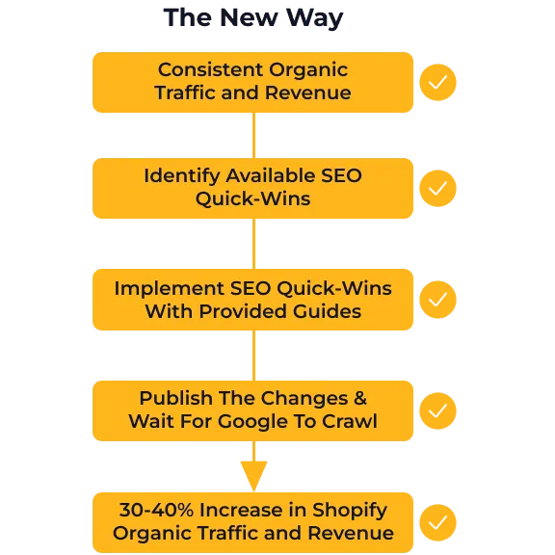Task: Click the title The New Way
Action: [253, 18]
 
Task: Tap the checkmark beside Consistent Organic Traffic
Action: [437, 83]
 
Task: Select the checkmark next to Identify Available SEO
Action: [437, 188]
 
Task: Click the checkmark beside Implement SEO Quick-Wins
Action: [437, 300]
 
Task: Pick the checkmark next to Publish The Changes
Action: [437, 410]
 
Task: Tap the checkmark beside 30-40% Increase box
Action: [437, 523]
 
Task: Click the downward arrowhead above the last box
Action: [253, 475]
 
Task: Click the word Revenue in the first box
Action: [308, 92]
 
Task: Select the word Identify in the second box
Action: [182, 176]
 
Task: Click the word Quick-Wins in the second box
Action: [253, 198]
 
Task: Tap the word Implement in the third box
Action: [170, 289]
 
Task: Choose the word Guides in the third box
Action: [327, 311]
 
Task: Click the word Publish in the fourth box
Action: [176, 398]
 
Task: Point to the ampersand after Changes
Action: [360, 398]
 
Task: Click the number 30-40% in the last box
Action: [156, 510]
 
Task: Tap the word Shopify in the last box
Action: [350, 511]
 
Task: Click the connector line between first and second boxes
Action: [253, 135]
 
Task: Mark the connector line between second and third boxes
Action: [253, 244]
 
